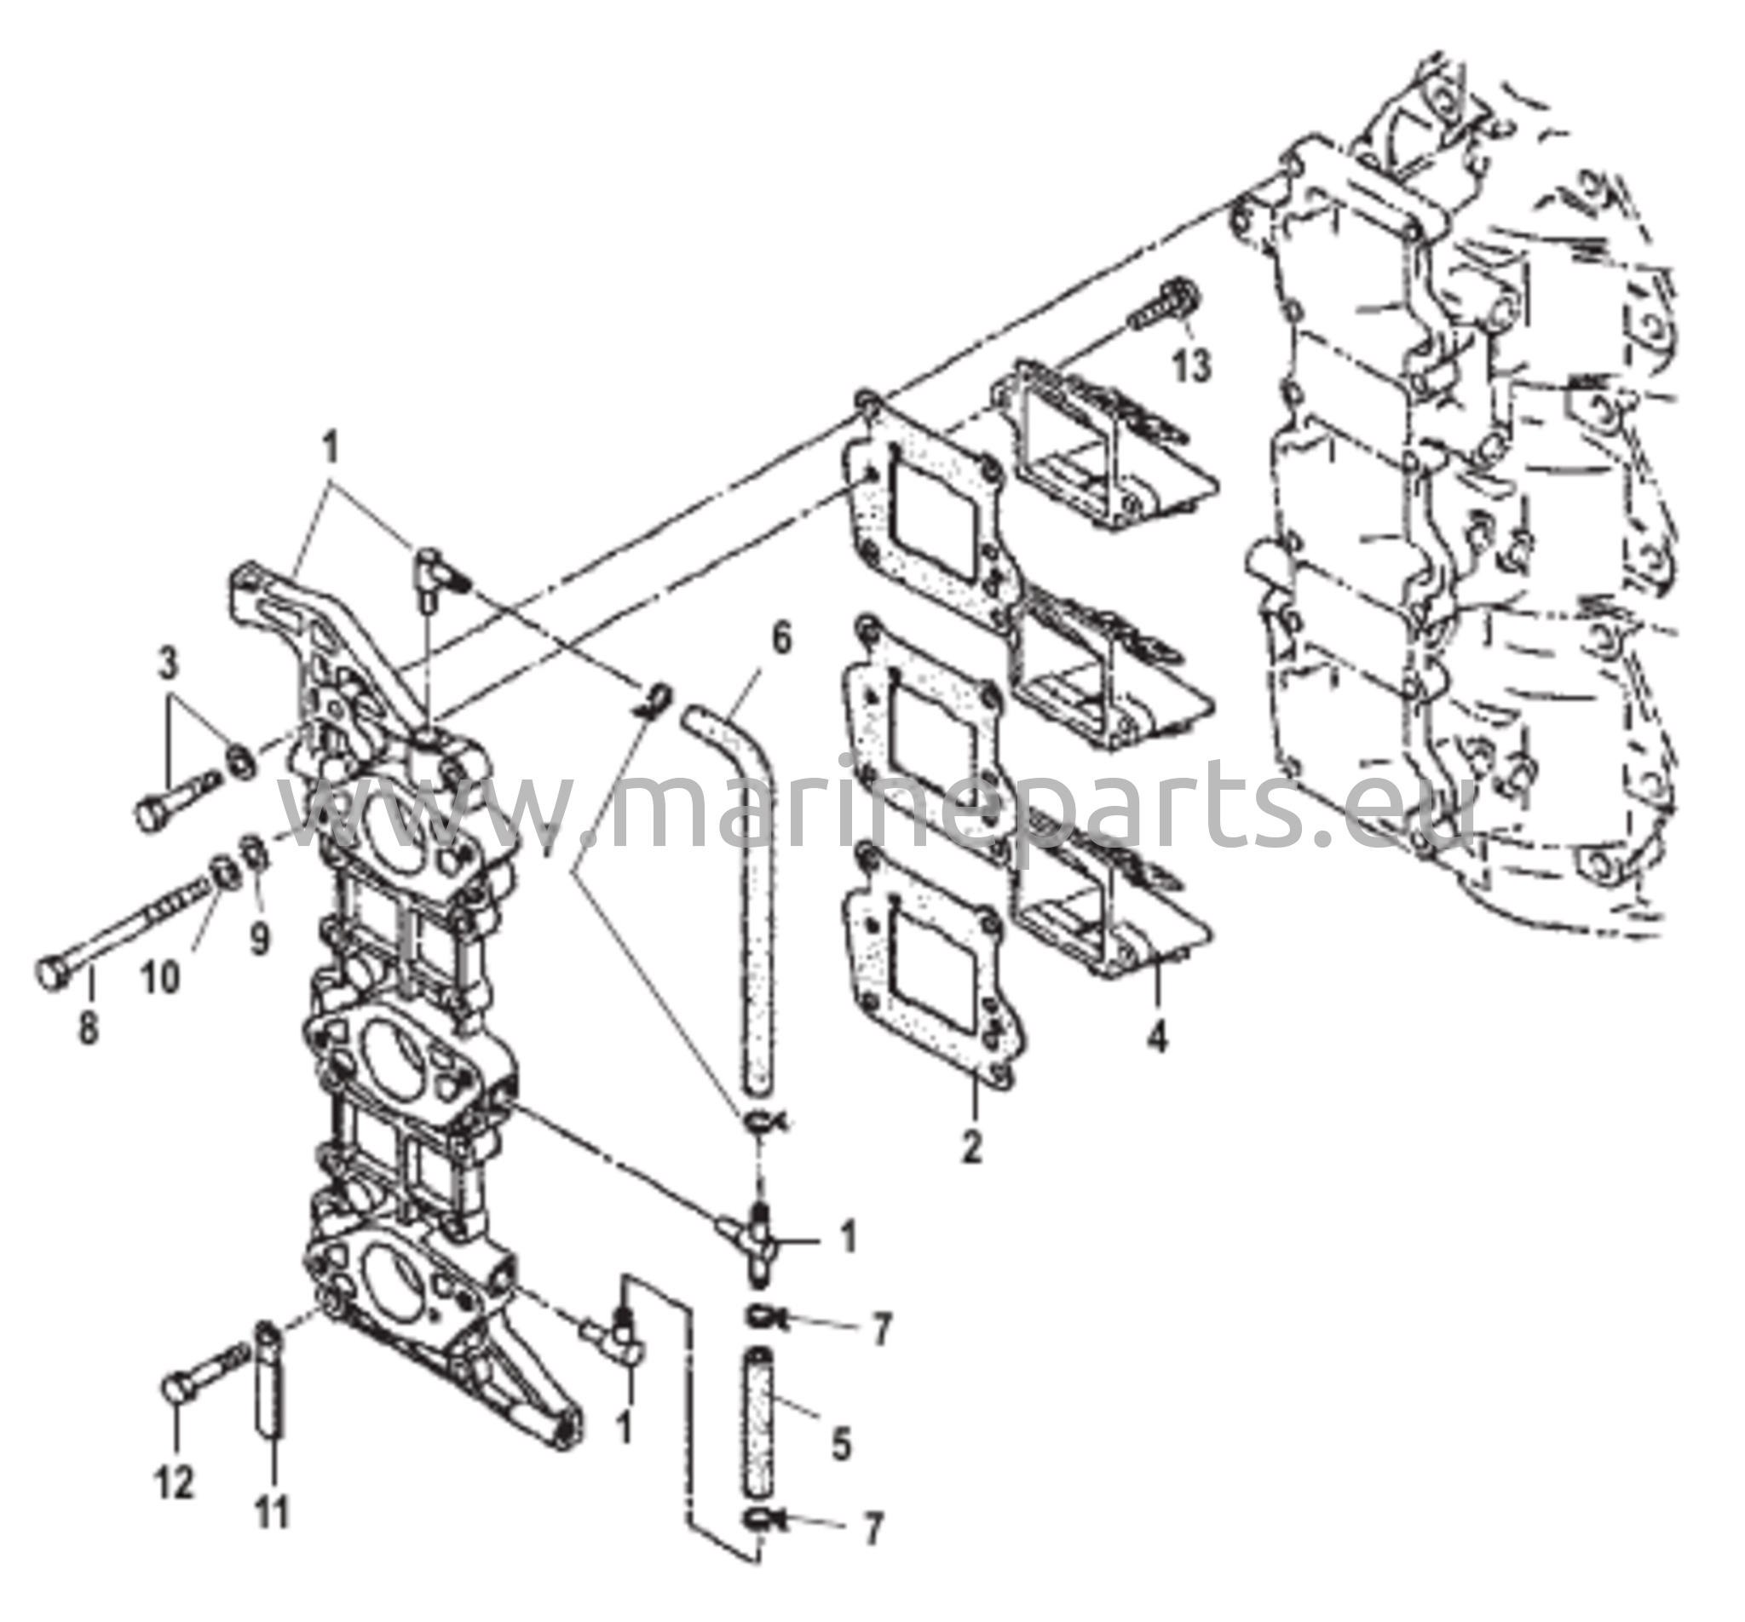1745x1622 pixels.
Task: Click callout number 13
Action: pyautogui.click(x=1192, y=365)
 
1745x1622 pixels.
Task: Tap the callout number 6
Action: pyautogui.click(x=780, y=638)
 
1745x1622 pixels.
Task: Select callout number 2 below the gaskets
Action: pyautogui.click(x=971, y=1147)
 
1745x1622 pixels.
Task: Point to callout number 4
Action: pyautogui.click(x=1158, y=1038)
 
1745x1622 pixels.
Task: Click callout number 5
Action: pyautogui.click(x=841, y=1442)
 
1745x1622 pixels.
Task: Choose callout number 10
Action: pyautogui.click(x=161, y=977)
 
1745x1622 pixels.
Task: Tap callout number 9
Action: pyautogui.click(x=259, y=940)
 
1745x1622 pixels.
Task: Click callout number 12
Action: pyautogui.click(x=174, y=1483)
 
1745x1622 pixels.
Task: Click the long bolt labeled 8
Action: pyautogui.click(x=123, y=929)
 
